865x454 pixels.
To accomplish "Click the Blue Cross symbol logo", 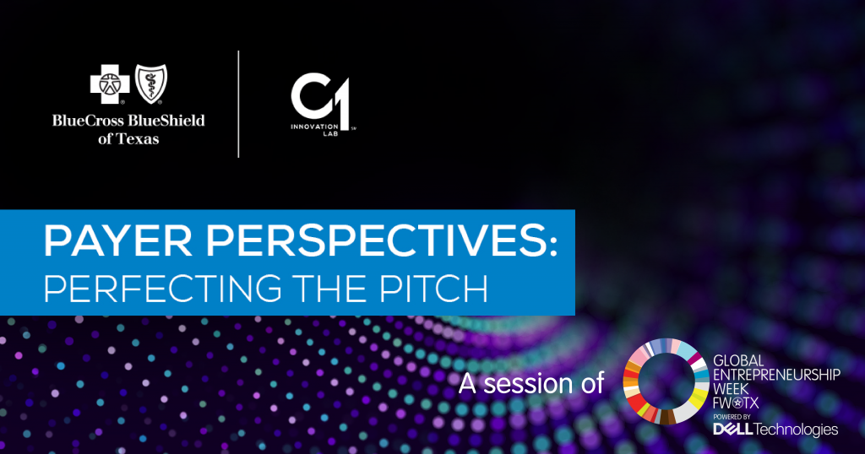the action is point(110,84).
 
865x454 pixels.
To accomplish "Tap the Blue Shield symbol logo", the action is point(151,84).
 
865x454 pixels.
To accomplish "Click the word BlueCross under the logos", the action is point(88,121).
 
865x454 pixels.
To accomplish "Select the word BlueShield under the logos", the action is point(166,121).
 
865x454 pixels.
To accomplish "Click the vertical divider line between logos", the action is point(238,104).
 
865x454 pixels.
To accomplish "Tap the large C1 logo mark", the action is point(320,100).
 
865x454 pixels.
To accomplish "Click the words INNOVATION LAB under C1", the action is point(315,130).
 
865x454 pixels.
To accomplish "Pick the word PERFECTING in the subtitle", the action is point(163,288).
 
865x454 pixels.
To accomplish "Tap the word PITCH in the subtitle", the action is point(434,288).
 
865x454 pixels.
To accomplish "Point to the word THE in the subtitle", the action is point(331,288).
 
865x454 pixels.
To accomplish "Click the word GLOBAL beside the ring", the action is point(738,361).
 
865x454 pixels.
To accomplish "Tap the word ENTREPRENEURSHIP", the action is point(777,375).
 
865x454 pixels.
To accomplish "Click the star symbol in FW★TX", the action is point(741,403).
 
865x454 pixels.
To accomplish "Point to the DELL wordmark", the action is point(732,429).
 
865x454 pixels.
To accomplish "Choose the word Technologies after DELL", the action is point(796,430).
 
